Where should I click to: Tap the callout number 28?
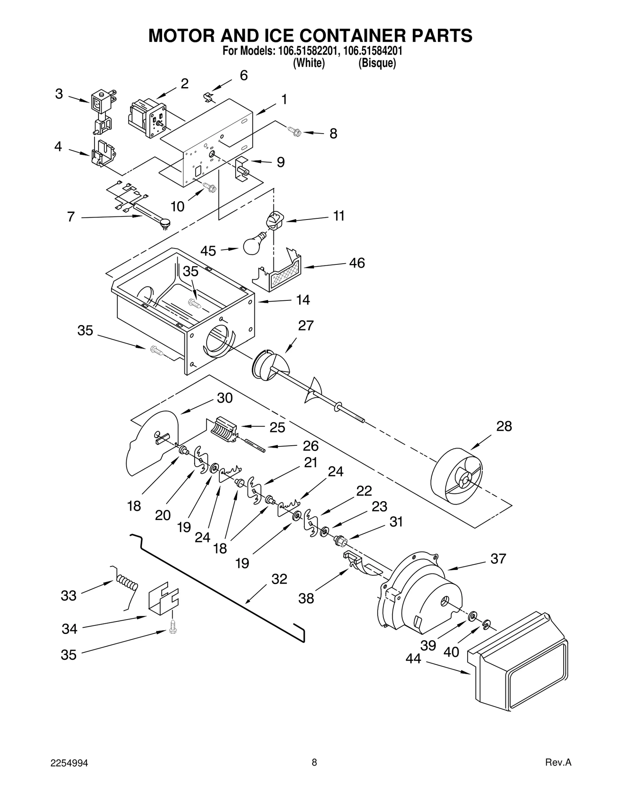[504, 426]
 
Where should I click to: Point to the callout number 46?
[357, 263]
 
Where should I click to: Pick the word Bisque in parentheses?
[377, 63]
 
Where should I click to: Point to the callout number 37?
[498, 559]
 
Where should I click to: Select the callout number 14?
[303, 300]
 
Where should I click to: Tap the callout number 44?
[413, 659]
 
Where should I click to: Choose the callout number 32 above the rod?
[279, 579]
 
